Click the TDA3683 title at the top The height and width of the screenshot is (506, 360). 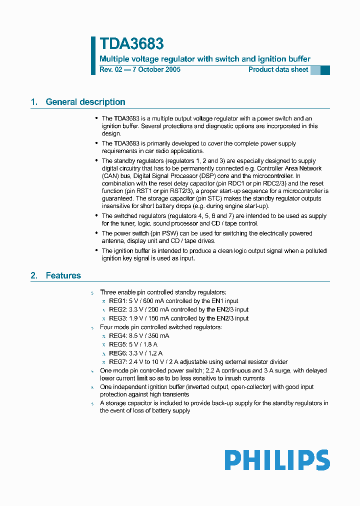pos(131,44)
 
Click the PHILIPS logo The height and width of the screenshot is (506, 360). pos(277,460)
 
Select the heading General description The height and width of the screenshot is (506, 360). pos(85,102)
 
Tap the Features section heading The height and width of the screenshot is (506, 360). pos(63,275)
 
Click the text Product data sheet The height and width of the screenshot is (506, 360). pos(278,69)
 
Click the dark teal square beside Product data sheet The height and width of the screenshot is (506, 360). pos(325,70)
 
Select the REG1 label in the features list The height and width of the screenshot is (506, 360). pos(117,301)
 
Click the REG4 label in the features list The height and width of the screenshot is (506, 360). pos(117,336)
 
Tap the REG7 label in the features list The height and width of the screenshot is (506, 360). pos(117,362)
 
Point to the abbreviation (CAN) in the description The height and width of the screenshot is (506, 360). pos(110,176)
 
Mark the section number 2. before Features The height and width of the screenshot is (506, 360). pos(34,275)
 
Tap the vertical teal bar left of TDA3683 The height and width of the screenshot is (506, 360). pos(93,55)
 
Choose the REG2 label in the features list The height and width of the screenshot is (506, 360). pos(117,310)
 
